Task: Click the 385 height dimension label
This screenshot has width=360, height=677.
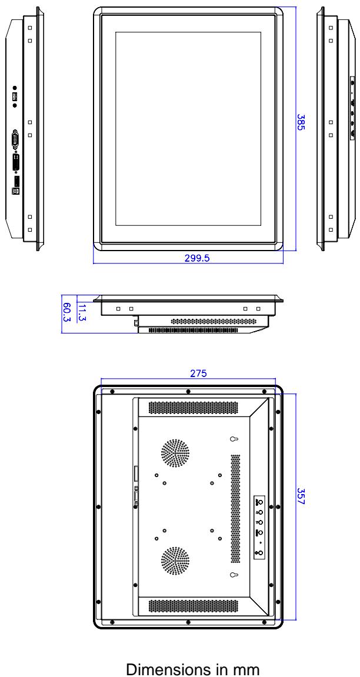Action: (x=301, y=122)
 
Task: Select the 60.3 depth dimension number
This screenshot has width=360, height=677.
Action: (x=67, y=313)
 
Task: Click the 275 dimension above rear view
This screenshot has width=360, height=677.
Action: (x=199, y=373)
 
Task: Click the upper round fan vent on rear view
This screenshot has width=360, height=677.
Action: (x=175, y=453)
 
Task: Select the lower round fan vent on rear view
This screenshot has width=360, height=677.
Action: (x=175, y=561)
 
